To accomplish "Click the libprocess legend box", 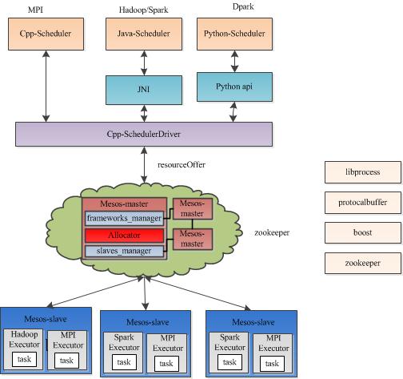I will (362, 172).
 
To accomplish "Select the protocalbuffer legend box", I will (362, 203).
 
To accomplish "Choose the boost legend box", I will (362, 232).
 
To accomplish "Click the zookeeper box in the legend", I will (362, 263).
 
